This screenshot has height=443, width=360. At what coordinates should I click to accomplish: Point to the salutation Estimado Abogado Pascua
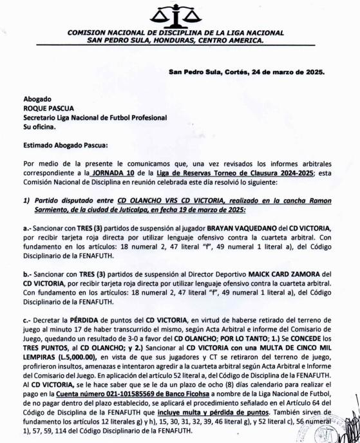(x=66, y=146)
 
